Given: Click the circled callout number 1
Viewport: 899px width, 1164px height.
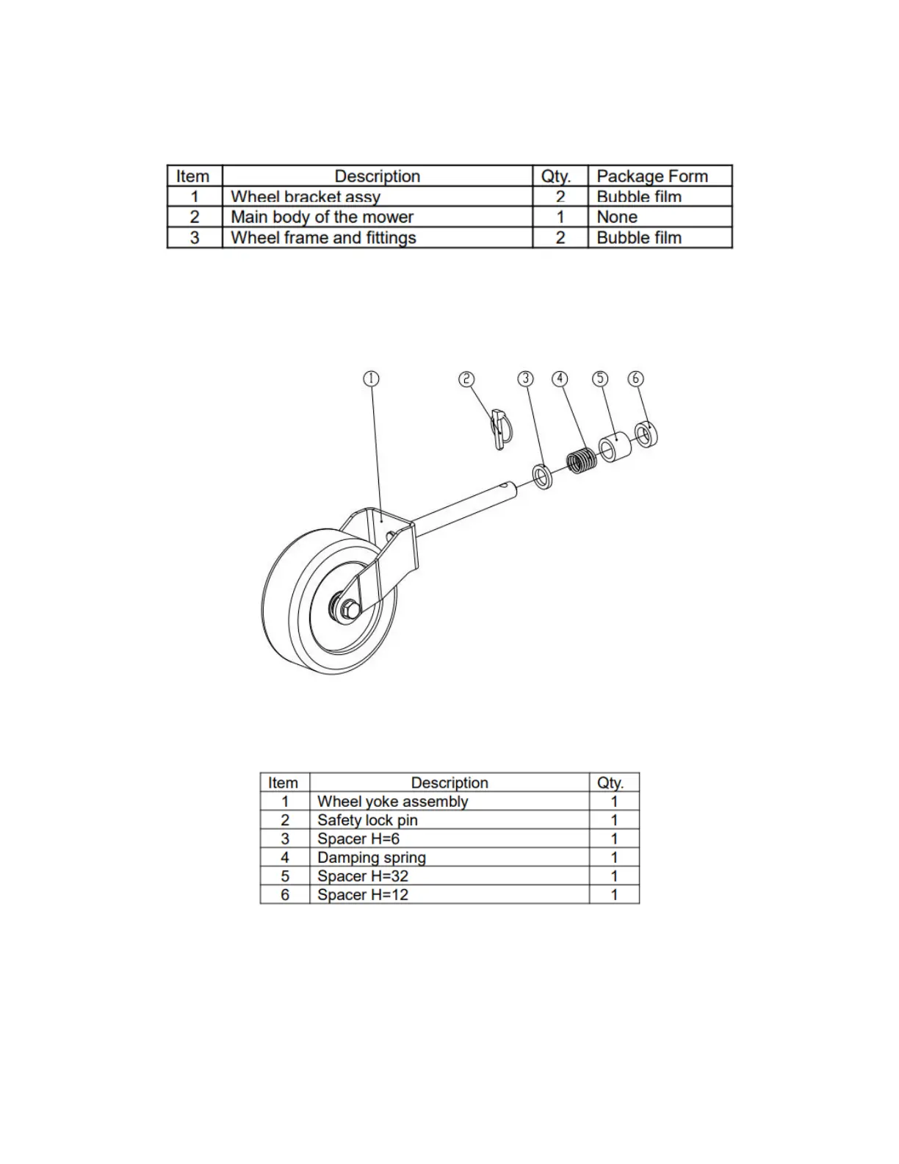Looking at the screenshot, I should (x=371, y=378).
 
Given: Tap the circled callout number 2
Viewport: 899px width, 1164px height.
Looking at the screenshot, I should (x=466, y=378).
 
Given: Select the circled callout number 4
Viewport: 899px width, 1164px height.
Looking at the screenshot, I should (x=560, y=378).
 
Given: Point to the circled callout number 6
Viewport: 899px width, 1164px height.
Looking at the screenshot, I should (x=635, y=378).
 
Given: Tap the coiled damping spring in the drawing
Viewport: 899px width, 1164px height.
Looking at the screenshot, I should (x=582, y=461).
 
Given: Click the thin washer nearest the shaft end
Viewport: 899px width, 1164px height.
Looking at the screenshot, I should (x=544, y=478).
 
